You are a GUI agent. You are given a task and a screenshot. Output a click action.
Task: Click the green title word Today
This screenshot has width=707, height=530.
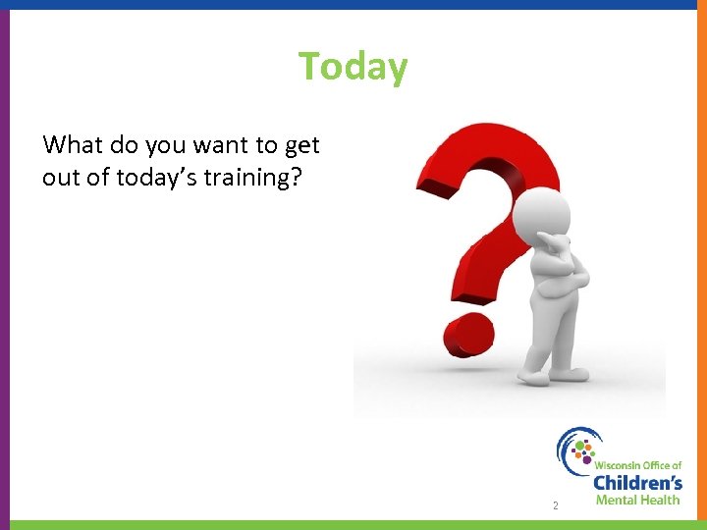pos(353,67)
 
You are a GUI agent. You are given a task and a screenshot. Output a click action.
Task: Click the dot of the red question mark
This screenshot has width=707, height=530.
pos(467,334)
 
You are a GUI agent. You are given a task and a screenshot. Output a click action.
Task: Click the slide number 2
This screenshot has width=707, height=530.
pos(555,506)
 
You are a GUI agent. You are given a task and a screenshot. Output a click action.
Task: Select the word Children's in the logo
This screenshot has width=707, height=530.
pos(637,482)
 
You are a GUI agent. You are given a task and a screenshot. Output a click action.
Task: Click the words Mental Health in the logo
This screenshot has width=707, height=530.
pos(637,500)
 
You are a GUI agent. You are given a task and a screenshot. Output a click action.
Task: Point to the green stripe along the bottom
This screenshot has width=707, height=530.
pos(353,525)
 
